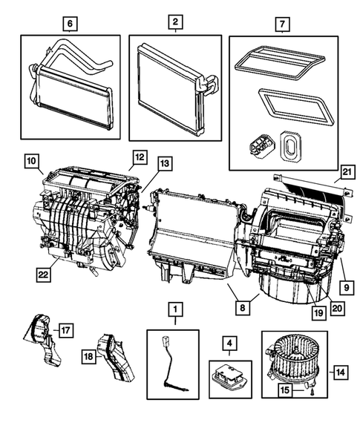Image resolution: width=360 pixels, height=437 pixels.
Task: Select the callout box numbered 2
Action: click(x=174, y=24)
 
